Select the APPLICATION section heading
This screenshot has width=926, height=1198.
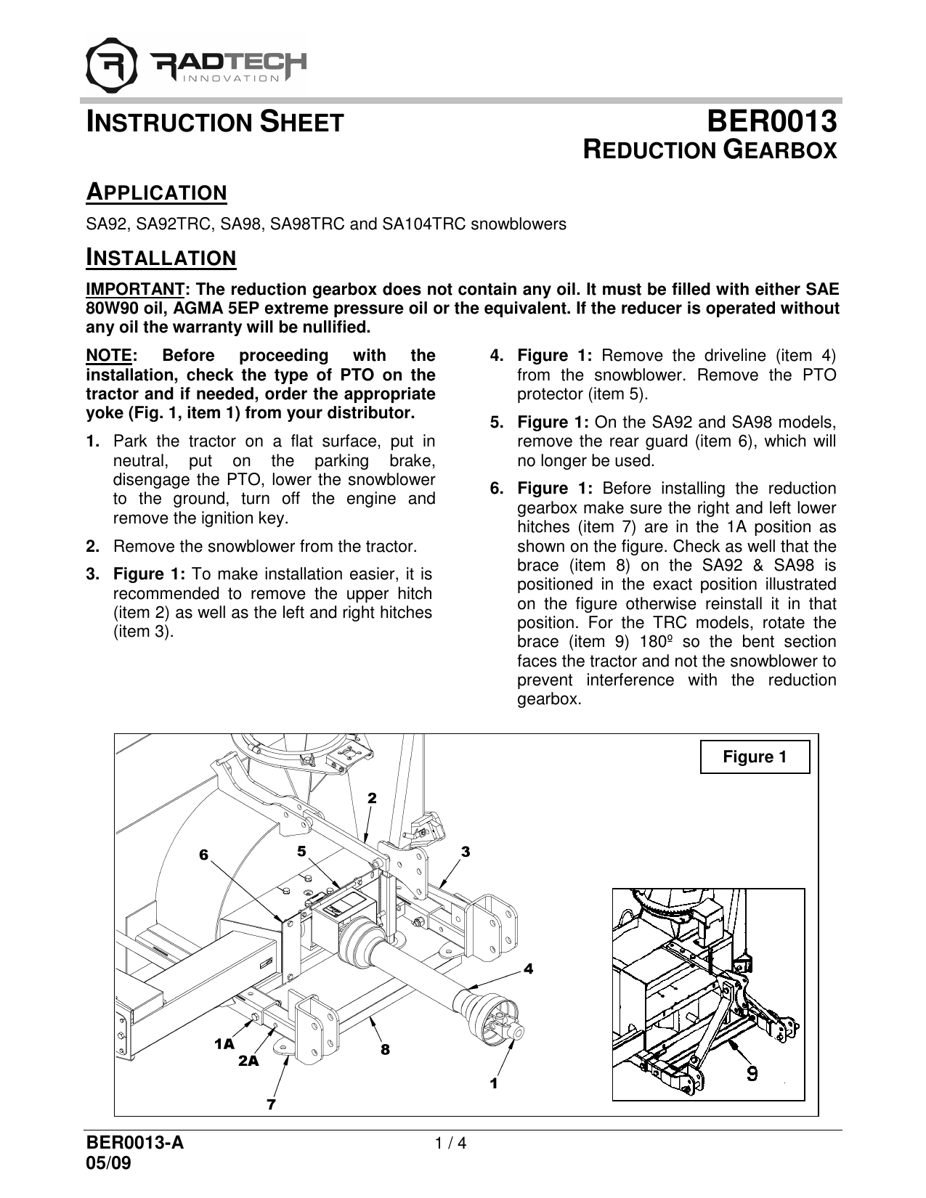click(x=156, y=193)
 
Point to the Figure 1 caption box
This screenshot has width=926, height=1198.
click(x=755, y=757)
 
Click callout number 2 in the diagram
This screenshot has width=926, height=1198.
click(x=372, y=798)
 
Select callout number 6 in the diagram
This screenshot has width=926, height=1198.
click(x=204, y=855)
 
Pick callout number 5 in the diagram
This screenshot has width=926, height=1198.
click(x=301, y=849)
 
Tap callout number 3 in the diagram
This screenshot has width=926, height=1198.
click(x=466, y=851)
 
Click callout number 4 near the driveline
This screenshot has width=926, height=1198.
click(x=528, y=969)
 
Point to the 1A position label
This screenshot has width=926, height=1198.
click(x=224, y=1044)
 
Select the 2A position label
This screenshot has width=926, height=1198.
click(x=248, y=1061)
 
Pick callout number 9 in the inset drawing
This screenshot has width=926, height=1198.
click(x=753, y=1072)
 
